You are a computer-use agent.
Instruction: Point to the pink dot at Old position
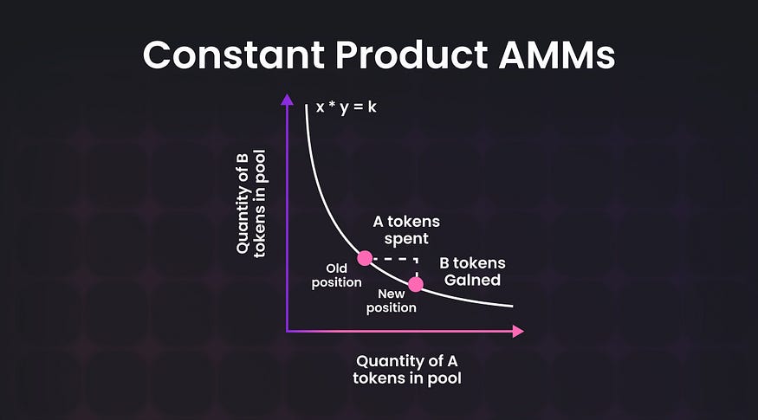click(x=365, y=258)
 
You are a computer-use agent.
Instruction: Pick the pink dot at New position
click(x=416, y=284)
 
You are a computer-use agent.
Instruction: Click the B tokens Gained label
click(x=472, y=271)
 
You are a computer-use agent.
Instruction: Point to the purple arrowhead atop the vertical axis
click(x=287, y=99)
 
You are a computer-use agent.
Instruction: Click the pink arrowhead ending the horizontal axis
click(x=518, y=331)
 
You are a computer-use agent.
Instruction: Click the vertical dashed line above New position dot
click(x=417, y=268)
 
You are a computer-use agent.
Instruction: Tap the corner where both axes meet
click(x=287, y=331)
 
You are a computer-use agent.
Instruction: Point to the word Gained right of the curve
click(x=472, y=280)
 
